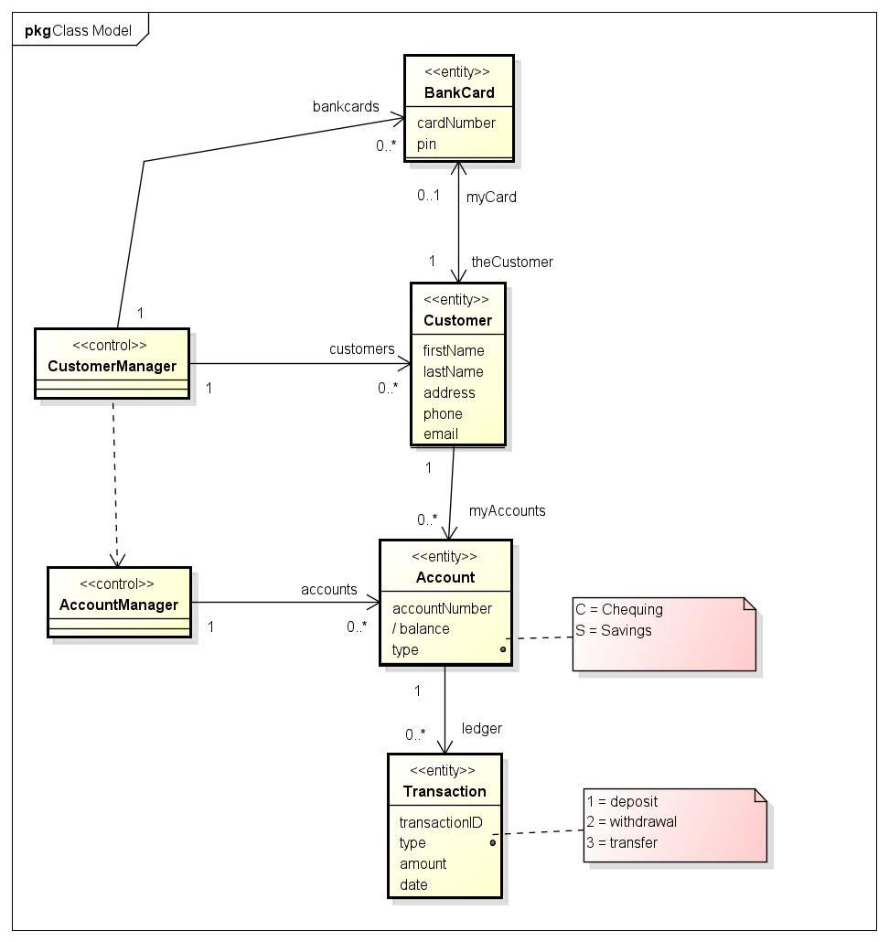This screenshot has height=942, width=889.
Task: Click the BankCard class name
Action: pos(459,92)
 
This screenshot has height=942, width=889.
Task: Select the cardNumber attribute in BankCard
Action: pos(455,123)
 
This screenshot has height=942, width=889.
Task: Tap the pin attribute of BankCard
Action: pos(426,144)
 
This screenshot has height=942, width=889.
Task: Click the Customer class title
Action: pos(457,320)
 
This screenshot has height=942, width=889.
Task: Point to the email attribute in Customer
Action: pos(440,434)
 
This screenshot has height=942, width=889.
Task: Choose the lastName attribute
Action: pos(453,371)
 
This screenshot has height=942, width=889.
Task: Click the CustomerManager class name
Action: pos(112,367)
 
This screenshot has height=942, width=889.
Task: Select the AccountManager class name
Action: pos(118,605)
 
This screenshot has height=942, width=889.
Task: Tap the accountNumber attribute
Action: pos(442,608)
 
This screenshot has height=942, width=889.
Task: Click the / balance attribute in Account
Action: pos(421,629)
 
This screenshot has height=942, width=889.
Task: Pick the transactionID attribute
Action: pos(440,822)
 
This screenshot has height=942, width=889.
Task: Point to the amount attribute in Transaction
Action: pos(423,864)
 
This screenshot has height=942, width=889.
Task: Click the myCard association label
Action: pos(491,197)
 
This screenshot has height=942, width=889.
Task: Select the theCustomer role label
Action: pos(511,262)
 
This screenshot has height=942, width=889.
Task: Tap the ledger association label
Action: pos(481,728)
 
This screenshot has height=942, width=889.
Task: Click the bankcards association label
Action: pos(346,106)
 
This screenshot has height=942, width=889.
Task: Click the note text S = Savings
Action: pos(613,630)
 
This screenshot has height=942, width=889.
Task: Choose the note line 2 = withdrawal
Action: pos(631,821)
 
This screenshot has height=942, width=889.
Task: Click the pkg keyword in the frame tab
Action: pos(37,31)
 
